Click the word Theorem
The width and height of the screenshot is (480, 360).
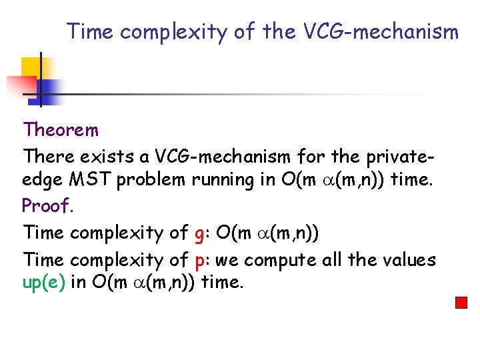[x=61, y=129]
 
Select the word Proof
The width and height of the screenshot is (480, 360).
[x=47, y=206]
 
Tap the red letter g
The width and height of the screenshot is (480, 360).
[x=199, y=234]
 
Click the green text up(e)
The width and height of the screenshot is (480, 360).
[x=44, y=282]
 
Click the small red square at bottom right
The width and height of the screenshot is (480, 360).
[x=461, y=303]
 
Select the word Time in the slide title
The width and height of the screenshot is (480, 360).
[x=91, y=31]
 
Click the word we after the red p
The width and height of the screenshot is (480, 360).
[x=227, y=260]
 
